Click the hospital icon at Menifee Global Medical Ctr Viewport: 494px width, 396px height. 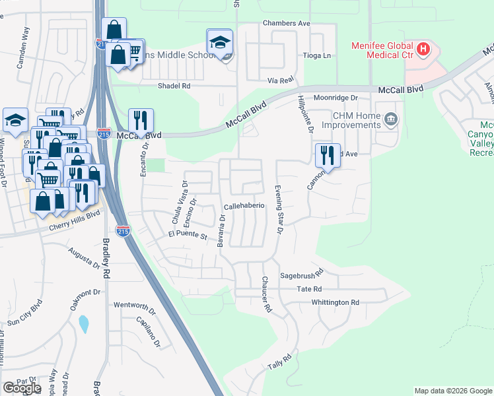coord(423,48)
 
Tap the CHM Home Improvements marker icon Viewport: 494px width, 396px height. coord(392,119)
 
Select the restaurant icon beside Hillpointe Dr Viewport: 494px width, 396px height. coord(328,156)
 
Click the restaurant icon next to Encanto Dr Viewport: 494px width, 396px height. coord(141,121)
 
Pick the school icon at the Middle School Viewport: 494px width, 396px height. coord(219,43)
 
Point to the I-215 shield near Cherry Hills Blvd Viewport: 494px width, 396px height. coord(122,231)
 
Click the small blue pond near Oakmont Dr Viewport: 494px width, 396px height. coord(83,324)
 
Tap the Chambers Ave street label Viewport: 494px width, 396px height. coord(286,23)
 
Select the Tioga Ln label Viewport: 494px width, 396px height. coord(316,56)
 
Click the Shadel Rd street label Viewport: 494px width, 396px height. coord(174,86)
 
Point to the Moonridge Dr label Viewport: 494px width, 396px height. coord(335,98)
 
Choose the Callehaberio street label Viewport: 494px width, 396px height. coord(244,206)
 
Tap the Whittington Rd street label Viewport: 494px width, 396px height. coord(336,303)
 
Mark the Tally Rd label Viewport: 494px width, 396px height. coord(279,363)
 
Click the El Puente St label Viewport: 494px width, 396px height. coord(188,235)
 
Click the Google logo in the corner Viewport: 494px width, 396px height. coord(22,388)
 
